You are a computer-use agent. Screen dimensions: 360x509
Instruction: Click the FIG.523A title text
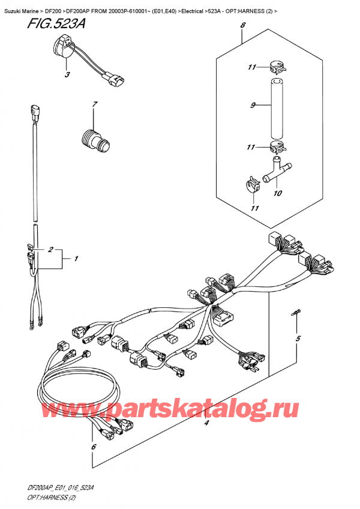click(x=56, y=24)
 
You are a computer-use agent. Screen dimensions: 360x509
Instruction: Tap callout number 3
click(x=67, y=74)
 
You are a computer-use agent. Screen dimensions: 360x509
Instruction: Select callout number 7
click(x=94, y=104)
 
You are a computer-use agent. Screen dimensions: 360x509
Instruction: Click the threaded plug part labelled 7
click(x=95, y=141)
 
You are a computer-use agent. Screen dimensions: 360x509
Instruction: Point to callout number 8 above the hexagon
click(x=244, y=25)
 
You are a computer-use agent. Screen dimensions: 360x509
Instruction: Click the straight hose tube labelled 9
click(x=277, y=108)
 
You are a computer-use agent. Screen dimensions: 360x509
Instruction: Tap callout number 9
click(x=253, y=105)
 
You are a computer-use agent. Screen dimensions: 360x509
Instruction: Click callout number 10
click(x=278, y=193)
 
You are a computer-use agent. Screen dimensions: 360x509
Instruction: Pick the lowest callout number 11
click(x=255, y=208)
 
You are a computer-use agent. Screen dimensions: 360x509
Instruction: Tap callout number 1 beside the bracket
click(x=76, y=259)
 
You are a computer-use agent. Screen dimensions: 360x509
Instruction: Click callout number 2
click(x=50, y=249)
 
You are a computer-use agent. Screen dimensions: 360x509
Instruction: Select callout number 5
click(x=298, y=339)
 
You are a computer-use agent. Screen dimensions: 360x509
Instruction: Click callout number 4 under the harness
click(x=206, y=423)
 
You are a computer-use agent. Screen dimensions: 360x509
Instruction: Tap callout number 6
click(x=94, y=447)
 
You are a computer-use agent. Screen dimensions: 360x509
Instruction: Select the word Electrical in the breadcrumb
click(x=192, y=11)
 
